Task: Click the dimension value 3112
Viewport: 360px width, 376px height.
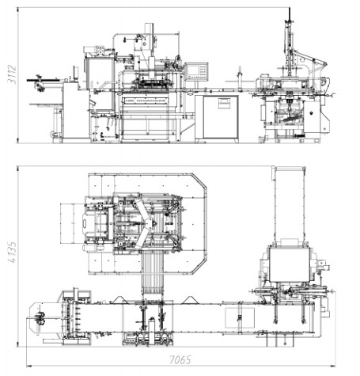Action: tap(12, 74)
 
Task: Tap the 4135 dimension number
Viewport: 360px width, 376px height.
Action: tap(12, 253)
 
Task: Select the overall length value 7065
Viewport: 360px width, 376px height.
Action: tap(180, 359)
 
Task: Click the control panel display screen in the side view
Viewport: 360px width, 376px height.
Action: tap(193, 70)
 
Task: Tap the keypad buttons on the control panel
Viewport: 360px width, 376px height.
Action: tap(203, 70)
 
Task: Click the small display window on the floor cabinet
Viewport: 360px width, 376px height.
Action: tap(224, 102)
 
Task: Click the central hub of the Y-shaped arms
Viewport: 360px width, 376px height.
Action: tap(150, 224)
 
